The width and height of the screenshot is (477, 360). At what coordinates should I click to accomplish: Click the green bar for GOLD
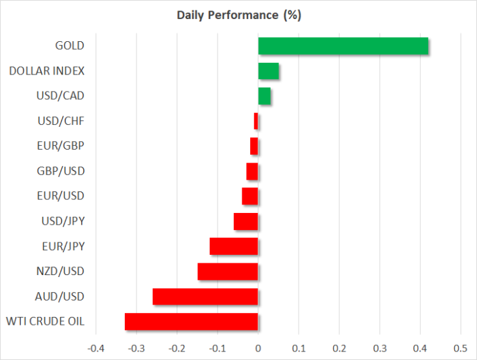pos(343,46)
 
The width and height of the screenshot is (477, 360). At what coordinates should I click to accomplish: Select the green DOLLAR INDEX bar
pos(269,71)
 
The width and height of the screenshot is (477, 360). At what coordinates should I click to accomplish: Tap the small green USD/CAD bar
pos(265,96)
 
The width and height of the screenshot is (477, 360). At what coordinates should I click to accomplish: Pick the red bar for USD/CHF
pos(256,121)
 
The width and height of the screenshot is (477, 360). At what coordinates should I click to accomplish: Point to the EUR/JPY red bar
pos(234,246)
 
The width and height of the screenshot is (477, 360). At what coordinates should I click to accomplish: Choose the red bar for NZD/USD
pos(228,272)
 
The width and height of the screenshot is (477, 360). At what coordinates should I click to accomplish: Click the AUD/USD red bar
pos(205,297)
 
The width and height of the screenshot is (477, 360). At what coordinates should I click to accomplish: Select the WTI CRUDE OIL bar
pos(191,321)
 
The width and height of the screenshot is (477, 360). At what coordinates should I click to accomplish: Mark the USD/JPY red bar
pos(246,221)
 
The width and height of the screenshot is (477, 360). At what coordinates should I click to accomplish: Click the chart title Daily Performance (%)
pos(238,15)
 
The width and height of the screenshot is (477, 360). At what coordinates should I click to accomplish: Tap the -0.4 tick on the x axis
pos(96,348)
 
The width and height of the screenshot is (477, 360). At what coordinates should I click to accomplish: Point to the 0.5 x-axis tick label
pos(460,348)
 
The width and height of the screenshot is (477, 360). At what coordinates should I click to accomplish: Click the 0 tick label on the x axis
pos(258,348)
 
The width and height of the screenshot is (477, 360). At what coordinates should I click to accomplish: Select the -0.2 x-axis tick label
pos(176,348)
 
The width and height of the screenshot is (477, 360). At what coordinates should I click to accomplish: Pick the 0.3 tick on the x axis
pos(380,348)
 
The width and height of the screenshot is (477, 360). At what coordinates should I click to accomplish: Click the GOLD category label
pos(69,46)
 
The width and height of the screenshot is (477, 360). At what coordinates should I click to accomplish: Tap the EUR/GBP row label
pos(61,146)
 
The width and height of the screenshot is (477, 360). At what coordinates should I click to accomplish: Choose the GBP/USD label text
pos(61,171)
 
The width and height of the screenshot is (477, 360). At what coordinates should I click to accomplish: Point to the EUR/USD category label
pos(61,196)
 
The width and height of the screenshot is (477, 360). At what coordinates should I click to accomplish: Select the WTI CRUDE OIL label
pos(45,321)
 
